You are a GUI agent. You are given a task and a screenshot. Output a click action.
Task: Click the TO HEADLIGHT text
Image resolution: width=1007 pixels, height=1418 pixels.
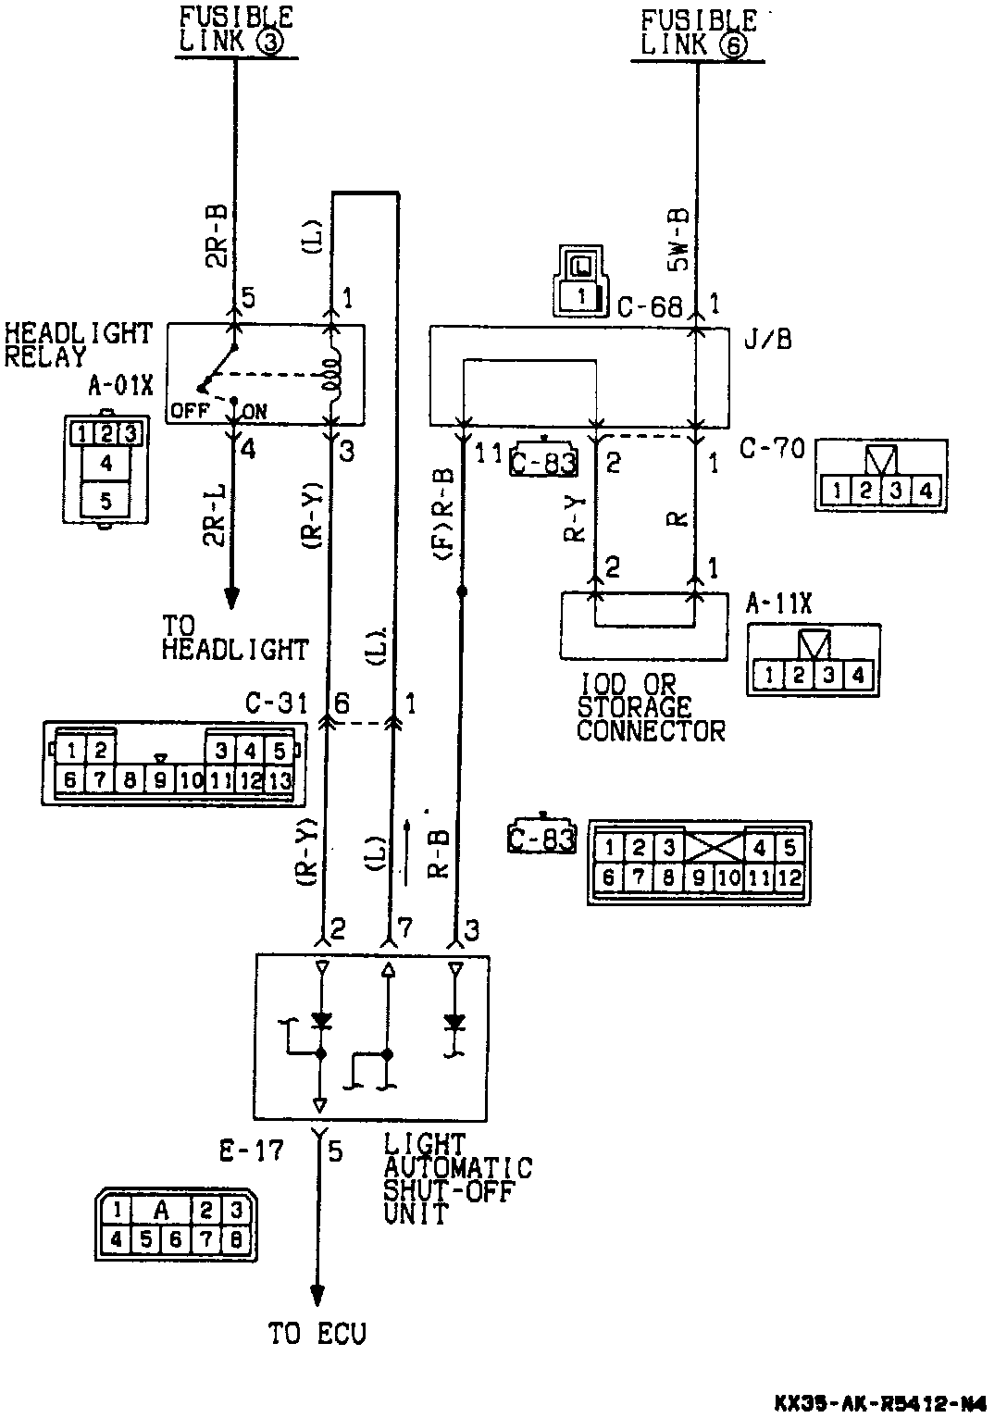point(234,639)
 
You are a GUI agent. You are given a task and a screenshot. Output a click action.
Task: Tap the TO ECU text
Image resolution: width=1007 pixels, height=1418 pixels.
point(317,1334)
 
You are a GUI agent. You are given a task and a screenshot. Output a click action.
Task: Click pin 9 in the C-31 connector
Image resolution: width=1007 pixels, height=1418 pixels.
point(160,779)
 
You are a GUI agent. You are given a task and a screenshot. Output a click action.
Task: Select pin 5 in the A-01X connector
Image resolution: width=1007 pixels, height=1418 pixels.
point(106,501)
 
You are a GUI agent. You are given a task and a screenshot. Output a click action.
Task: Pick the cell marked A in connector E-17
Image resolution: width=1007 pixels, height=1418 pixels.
point(161,1209)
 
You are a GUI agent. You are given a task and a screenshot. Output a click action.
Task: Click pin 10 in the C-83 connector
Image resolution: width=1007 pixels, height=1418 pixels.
point(728,876)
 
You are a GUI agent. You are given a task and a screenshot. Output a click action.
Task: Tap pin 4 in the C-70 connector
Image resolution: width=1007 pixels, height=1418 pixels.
point(925,491)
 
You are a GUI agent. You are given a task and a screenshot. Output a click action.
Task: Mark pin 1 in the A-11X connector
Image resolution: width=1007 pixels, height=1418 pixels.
point(769,675)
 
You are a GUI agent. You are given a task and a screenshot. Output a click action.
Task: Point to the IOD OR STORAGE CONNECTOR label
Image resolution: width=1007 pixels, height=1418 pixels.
point(651,708)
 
